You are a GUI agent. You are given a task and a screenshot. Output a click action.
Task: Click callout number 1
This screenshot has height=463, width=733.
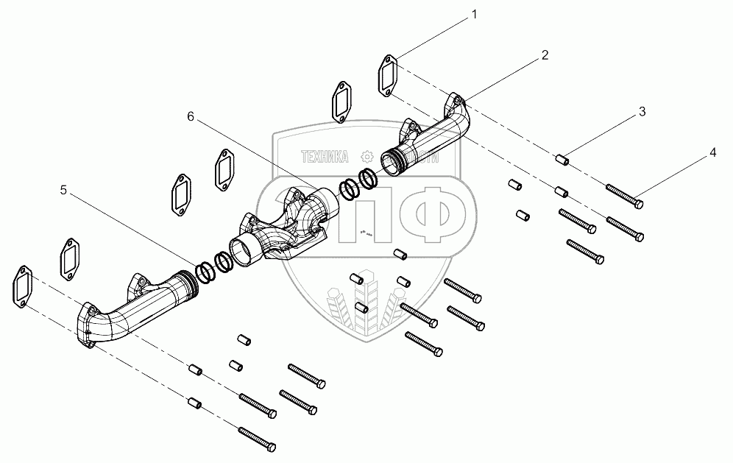pos(475,14)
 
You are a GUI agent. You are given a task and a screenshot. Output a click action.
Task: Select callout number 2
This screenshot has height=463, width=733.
pos(545,56)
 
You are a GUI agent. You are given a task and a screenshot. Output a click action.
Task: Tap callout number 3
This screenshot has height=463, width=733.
pos(642,112)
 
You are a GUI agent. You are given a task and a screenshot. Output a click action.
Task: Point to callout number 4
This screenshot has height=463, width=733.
pos(712,153)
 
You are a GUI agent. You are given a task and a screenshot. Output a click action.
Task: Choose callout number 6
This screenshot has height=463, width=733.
pos(191,117)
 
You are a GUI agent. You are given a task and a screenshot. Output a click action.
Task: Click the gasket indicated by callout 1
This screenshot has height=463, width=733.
pos(389,76)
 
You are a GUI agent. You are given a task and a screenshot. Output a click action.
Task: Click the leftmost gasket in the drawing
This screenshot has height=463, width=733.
pos(21,287)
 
